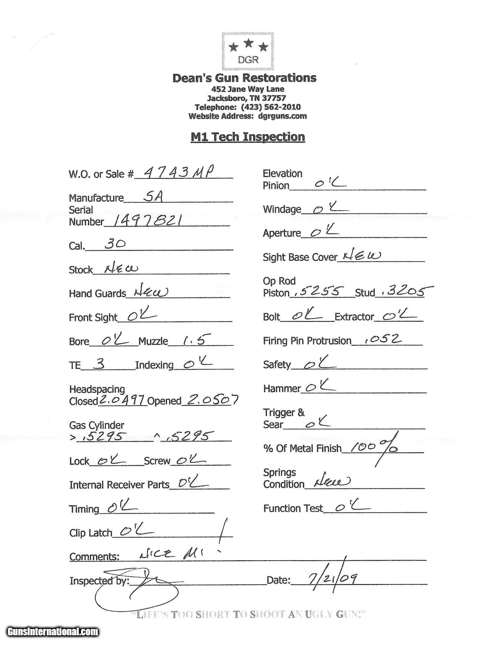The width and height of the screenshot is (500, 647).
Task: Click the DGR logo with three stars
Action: [x=248, y=51]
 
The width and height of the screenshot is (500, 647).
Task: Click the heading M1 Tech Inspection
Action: [x=248, y=137]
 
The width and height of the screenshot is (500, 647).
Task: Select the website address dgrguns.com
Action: [x=282, y=116]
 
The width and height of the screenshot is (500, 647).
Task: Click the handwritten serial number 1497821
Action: [x=147, y=221]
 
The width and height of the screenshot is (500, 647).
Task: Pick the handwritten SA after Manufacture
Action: [x=153, y=196]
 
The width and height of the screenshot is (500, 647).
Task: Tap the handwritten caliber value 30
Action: [x=115, y=244]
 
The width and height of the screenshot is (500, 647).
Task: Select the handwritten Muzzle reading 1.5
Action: [x=196, y=340]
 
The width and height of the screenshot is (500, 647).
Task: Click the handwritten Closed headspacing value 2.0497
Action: [x=122, y=401]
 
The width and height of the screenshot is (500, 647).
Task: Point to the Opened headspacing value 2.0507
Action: [x=210, y=400]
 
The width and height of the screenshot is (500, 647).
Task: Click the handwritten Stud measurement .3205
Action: [x=403, y=291]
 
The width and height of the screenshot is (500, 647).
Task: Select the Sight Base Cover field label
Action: [x=300, y=257]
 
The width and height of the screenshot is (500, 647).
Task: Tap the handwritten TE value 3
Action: [x=99, y=364]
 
